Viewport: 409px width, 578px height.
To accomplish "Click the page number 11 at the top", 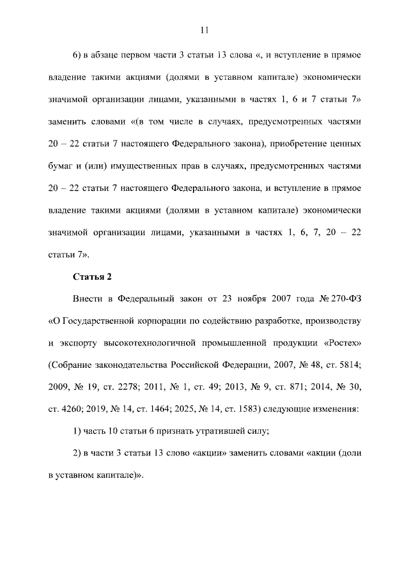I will pos(204,29).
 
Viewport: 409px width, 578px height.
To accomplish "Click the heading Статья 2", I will pos(91,275).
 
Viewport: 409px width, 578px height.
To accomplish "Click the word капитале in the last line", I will pos(116,476).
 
